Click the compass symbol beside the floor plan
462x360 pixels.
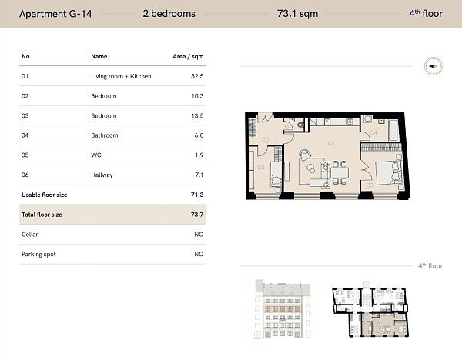432,66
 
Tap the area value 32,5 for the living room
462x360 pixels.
196,76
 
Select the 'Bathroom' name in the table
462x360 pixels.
104,135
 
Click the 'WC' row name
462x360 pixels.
95,155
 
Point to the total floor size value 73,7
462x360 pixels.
196,215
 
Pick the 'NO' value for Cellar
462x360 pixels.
198,234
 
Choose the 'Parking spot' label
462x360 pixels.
38,254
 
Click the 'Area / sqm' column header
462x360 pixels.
188,56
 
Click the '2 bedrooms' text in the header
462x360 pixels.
169,13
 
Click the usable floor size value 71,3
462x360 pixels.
196,195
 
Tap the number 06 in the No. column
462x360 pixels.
25,175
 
